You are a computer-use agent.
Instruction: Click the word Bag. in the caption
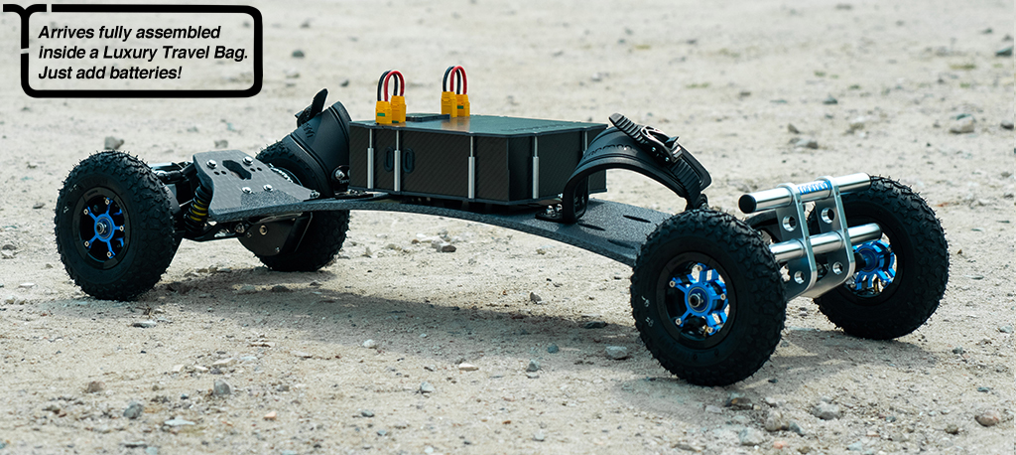[229, 54]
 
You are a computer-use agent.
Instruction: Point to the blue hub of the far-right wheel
[874, 265]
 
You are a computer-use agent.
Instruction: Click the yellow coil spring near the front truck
[198, 207]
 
